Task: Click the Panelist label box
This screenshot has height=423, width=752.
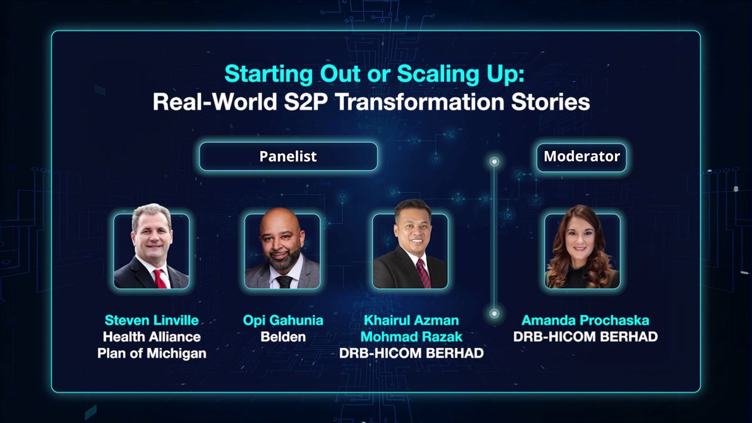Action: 288,156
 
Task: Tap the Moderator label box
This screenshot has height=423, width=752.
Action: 582,156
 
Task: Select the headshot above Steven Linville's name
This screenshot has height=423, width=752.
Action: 152,251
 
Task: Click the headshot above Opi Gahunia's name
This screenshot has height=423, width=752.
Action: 283,251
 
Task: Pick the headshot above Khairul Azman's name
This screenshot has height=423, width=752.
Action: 410,251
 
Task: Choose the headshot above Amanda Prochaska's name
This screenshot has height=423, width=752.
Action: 582,251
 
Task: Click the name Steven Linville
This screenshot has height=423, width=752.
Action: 152,320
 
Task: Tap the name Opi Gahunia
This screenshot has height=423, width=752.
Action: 283,320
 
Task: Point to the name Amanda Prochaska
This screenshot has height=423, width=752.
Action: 585,320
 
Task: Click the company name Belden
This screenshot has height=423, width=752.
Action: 283,337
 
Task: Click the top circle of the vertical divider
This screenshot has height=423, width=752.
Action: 494,161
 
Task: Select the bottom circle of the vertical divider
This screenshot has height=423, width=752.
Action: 494,313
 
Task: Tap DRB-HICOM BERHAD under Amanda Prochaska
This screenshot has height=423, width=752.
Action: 585,337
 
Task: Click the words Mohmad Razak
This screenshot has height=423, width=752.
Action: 411,337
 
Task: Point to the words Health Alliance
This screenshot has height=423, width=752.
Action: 152,337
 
